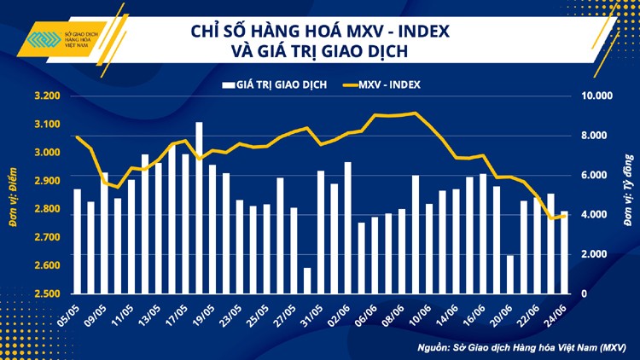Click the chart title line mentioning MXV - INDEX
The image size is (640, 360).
pos(319,32)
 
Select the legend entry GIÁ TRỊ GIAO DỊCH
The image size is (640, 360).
pos(274,84)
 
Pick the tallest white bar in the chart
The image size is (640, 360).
pos(199,208)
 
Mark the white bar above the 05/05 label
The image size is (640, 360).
pos(77,241)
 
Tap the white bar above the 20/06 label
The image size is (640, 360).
pos(510,275)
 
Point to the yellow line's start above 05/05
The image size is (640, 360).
pos(77,136)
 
